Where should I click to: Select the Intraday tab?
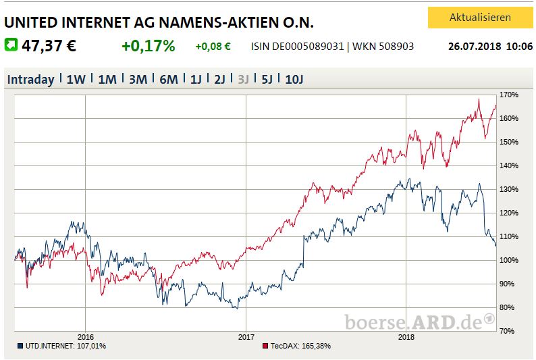[30, 79]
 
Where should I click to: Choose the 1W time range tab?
[76, 79]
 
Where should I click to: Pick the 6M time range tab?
[168, 79]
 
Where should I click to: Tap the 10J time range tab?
[294, 79]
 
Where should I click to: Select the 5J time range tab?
[267, 79]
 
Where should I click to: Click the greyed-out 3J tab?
[243, 79]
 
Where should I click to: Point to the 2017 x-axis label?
[246, 336]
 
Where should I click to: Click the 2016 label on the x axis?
[85, 336]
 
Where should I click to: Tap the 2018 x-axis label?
[406, 336]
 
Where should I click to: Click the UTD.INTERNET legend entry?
[61, 346]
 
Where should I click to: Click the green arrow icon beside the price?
[11, 45]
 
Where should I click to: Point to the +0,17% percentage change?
[148, 47]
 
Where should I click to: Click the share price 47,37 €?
[49, 47]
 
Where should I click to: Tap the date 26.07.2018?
[471, 47]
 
